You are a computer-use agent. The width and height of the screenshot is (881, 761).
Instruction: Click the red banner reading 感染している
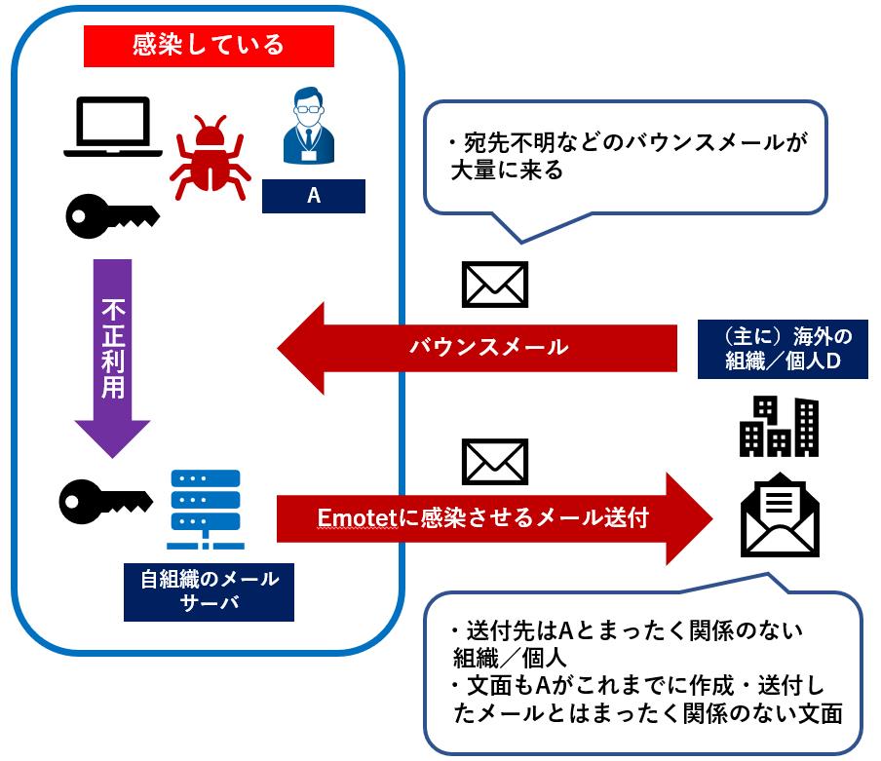tap(209, 45)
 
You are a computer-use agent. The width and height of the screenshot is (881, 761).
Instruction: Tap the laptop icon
tap(113, 127)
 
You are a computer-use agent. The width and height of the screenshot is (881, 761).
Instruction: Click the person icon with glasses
tap(313, 127)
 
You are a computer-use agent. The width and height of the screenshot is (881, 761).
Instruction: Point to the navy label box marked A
tap(313, 196)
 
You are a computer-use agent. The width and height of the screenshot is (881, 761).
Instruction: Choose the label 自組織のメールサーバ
tap(209, 590)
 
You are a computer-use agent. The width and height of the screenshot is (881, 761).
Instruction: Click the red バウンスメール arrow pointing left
tap(478, 348)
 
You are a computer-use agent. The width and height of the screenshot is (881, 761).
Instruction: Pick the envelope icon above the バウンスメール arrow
tap(494, 285)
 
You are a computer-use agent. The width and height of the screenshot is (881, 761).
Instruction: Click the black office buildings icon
tap(779, 426)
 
